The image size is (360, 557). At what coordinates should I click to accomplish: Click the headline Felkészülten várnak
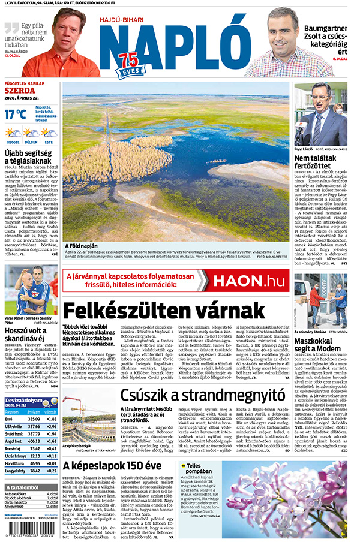[163, 311]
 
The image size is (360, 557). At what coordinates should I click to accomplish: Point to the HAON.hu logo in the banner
[247, 281]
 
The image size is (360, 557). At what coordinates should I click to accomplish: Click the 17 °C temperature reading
[16, 113]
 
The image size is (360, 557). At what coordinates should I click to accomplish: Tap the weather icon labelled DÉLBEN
[31, 133]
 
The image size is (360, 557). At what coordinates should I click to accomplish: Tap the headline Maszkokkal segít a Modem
[318, 344]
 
